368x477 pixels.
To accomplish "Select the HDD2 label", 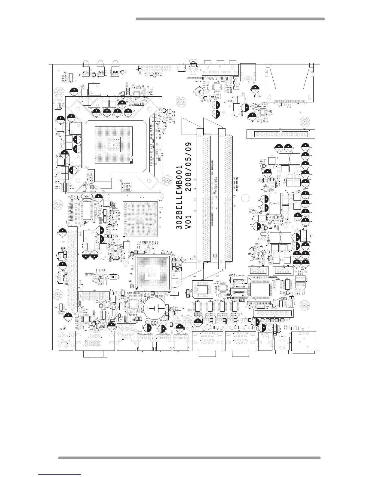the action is [x=232, y=275].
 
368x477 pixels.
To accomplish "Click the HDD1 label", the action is [x=231, y=298].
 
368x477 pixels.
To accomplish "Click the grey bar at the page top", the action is [x=230, y=19].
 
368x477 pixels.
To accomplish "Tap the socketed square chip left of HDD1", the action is [x=200, y=289].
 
